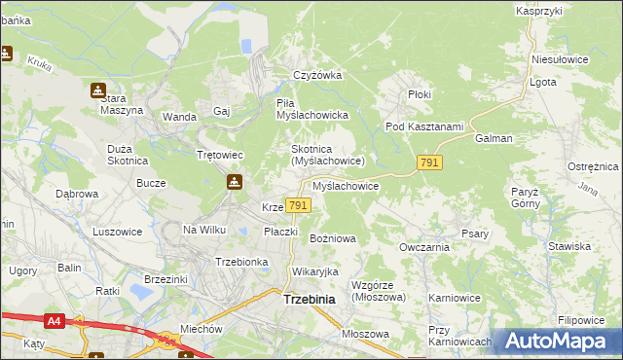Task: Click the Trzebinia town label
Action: click(309, 300)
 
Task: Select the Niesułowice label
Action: click(560, 59)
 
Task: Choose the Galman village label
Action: click(494, 138)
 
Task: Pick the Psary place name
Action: click(475, 234)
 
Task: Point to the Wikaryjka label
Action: click(314, 270)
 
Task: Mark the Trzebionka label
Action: click(240, 262)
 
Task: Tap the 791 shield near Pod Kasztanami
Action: click(430, 163)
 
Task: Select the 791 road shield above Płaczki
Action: click(299, 205)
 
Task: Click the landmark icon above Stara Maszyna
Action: click(98, 90)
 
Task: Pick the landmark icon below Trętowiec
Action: click(234, 181)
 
